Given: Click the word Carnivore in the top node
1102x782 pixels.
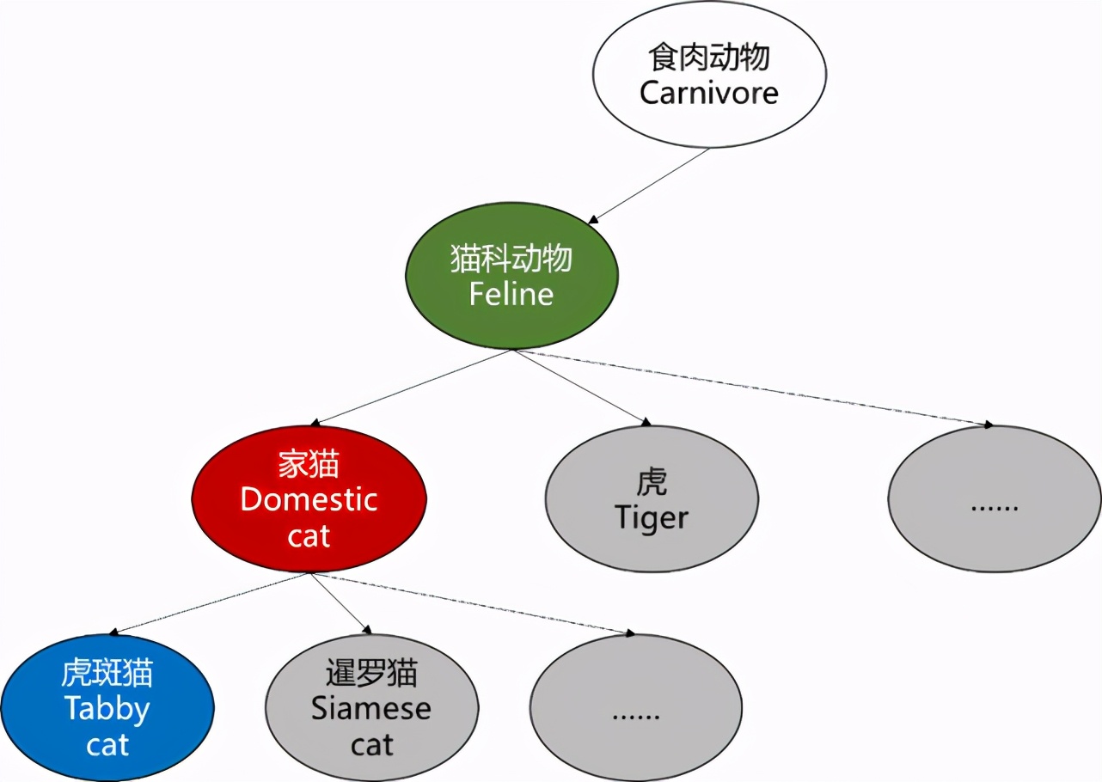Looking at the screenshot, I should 708,93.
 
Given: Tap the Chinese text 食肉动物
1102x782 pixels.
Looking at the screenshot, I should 708,58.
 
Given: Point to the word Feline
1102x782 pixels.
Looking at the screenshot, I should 511,294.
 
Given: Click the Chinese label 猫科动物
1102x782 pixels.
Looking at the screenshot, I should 511,259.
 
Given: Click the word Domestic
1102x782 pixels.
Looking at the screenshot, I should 309,499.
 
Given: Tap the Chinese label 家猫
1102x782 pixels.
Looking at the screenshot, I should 309,465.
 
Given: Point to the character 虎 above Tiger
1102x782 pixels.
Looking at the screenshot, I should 652,482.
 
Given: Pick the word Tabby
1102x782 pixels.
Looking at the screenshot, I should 107,709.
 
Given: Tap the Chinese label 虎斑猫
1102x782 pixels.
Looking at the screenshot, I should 107,673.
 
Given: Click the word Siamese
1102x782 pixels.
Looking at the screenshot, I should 371,709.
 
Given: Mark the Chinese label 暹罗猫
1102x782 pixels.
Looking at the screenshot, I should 371,673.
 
